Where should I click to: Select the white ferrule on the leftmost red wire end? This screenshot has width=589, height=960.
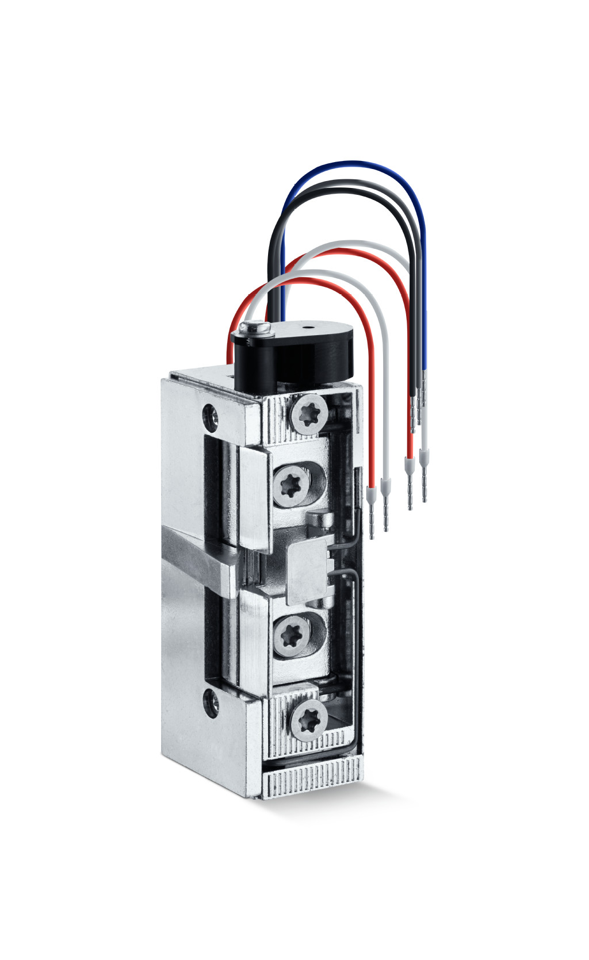coord(371,493)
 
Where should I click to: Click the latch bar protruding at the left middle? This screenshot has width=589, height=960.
coord(196,558)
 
